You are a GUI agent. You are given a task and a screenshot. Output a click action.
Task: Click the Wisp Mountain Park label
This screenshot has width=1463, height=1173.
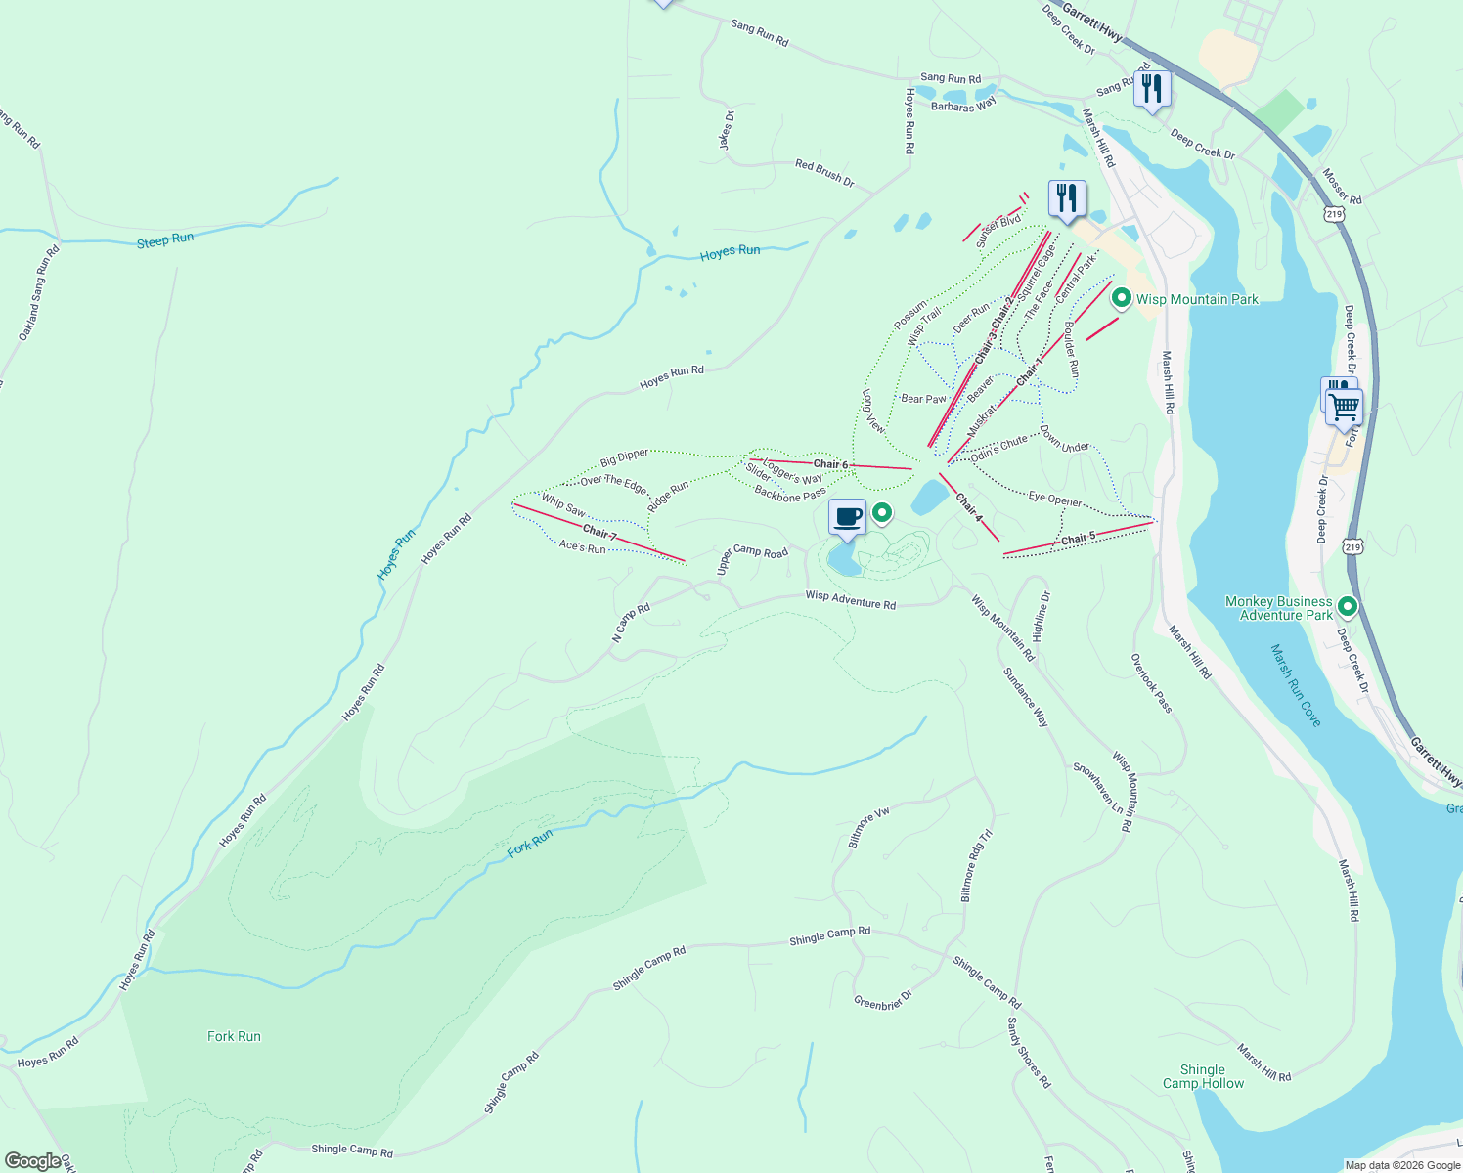point(1197,299)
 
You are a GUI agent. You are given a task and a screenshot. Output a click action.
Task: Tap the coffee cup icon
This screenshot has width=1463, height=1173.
point(847,516)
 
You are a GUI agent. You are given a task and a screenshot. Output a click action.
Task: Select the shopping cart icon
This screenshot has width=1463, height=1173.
point(1345,406)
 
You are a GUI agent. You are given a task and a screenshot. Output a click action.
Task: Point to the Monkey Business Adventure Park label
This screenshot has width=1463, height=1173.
point(1278,608)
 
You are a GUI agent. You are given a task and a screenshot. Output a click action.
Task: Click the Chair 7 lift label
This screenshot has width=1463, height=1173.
point(599,533)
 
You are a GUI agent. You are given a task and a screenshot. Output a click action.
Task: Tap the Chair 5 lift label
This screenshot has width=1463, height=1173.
point(1078,539)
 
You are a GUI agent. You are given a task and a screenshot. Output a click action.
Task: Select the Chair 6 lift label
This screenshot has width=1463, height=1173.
point(830,464)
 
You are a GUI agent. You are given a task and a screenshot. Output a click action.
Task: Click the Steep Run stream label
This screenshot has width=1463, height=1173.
point(165,239)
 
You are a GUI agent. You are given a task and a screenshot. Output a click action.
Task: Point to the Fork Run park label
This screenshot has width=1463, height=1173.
point(234,1036)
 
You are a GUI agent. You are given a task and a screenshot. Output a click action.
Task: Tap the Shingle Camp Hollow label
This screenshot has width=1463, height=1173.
point(1203,1076)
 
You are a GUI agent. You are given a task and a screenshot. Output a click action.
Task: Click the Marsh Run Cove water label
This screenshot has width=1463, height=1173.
point(1296,685)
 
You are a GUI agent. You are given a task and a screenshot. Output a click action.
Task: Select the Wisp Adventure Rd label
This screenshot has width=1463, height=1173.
point(850,600)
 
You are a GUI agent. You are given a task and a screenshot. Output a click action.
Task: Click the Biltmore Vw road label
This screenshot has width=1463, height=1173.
point(868,827)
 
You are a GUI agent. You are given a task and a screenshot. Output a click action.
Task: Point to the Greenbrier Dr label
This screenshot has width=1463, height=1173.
point(882,999)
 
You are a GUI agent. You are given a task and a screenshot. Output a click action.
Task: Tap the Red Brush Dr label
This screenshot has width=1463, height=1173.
point(824,173)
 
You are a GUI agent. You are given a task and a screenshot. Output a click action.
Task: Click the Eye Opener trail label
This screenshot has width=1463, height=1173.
point(1054,500)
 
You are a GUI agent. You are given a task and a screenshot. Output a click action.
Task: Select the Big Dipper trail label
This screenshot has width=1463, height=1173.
point(624,456)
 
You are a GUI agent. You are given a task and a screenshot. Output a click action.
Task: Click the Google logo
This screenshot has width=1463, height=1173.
point(32,1161)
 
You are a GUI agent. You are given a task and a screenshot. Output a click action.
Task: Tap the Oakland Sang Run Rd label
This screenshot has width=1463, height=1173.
point(38,293)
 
